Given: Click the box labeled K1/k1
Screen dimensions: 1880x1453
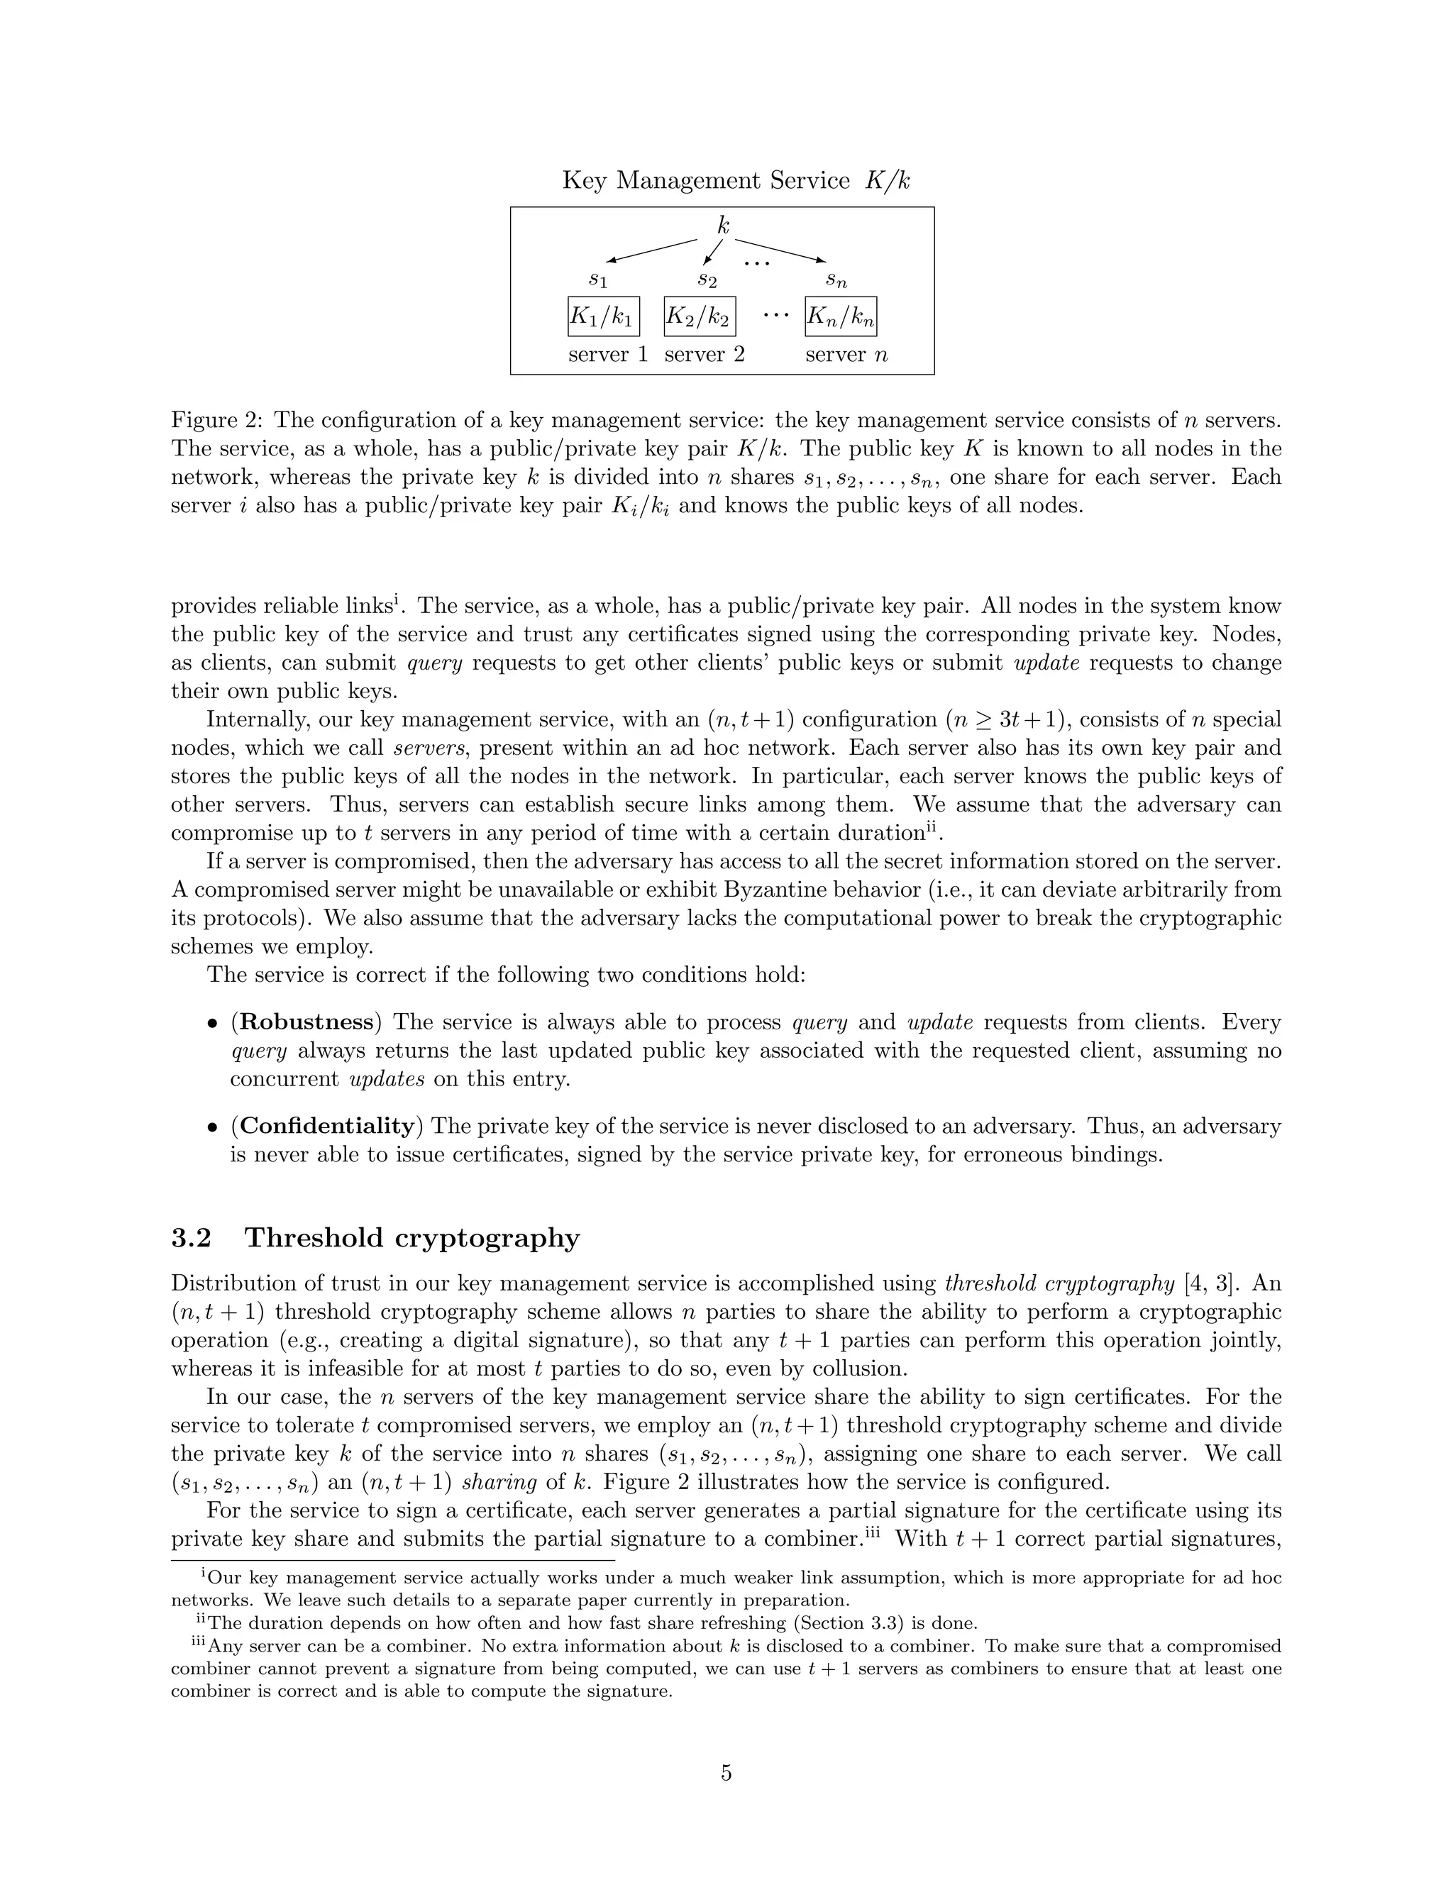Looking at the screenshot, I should click(x=602, y=318).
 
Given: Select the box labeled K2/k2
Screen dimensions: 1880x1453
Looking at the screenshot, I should click(x=699, y=318).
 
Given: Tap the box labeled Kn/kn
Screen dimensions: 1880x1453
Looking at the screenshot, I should click(x=840, y=318).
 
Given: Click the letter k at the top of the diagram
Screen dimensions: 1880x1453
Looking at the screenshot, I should click(x=723, y=226).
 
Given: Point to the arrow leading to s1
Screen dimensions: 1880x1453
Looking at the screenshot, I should click(x=651, y=250).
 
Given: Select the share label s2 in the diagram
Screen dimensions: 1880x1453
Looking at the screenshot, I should click(x=707, y=280).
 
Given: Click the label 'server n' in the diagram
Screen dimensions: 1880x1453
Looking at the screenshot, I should click(x=846, y=355).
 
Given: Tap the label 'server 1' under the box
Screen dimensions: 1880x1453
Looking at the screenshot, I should click(x=608, y=355).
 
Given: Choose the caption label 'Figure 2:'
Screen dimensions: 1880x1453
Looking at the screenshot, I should click(x=218, y=420).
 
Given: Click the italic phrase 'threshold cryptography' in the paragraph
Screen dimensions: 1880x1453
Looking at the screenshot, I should click(x=1059, y=1283).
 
